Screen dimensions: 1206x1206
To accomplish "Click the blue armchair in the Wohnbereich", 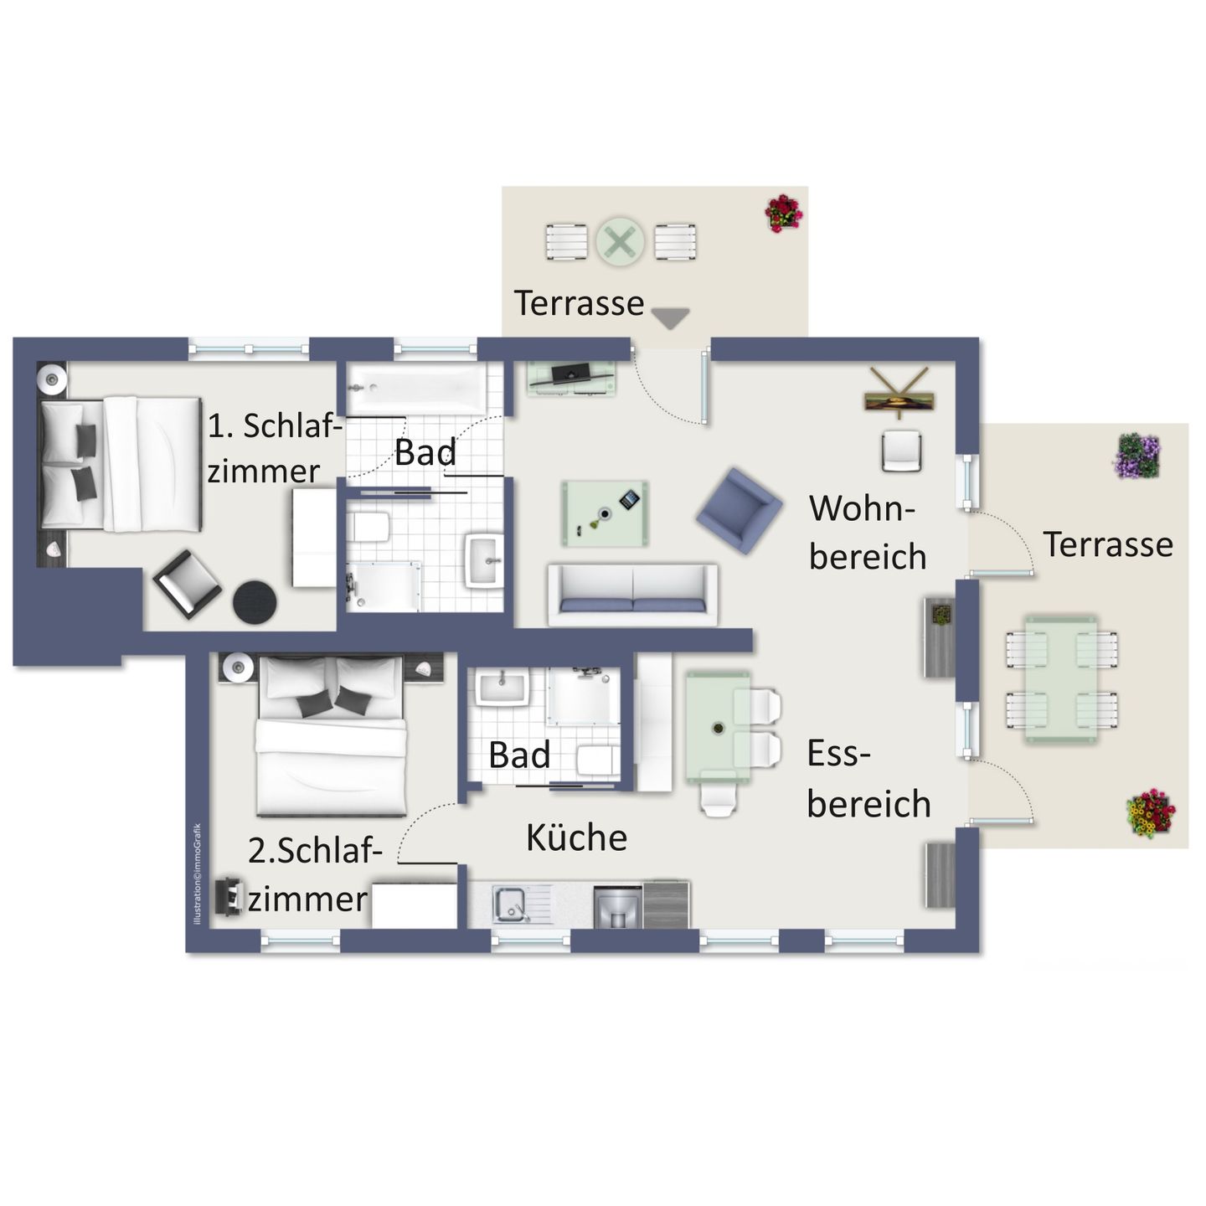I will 739,510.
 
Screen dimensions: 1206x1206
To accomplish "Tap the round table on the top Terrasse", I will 620,242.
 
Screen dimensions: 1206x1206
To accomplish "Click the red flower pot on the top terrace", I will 783,213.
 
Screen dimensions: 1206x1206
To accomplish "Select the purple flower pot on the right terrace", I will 1136,456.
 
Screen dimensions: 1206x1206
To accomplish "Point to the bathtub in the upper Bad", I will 415,388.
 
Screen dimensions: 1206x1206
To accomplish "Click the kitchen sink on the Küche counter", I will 509,904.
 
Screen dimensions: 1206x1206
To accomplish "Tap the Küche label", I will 576,837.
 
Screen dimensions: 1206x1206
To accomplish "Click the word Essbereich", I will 868,779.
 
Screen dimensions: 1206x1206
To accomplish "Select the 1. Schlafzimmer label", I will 274,448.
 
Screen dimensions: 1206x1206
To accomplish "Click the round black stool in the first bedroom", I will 255,601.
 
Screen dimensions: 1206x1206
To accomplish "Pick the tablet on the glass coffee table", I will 629,500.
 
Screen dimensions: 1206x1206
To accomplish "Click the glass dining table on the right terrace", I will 1061,678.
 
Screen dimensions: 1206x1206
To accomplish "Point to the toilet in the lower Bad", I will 596,760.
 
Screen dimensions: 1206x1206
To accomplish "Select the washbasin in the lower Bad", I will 502,688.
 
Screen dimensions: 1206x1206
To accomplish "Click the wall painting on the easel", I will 899,402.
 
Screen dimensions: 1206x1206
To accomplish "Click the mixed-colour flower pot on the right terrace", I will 1151,812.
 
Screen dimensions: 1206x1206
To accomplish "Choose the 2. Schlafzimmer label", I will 314,874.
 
